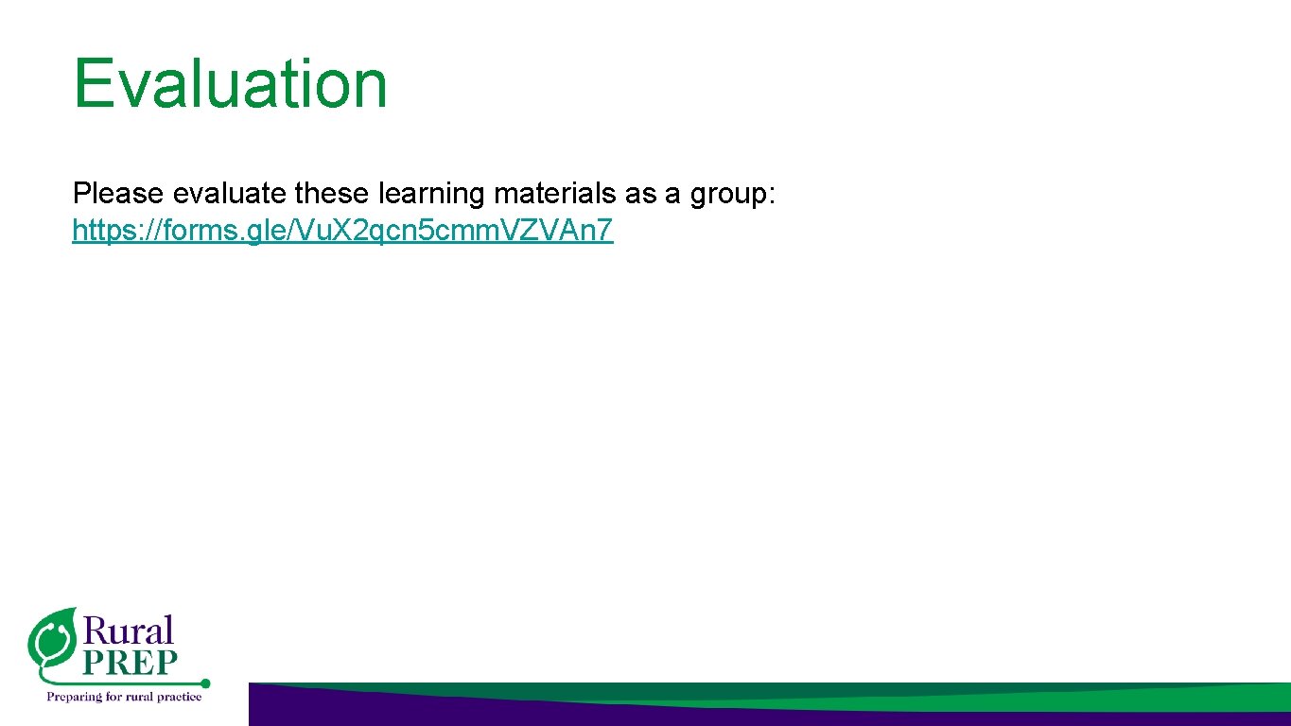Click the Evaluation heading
pos(230,83)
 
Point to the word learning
pos(431,195)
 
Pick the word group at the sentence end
pos(729,195)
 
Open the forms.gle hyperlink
pos(342,231)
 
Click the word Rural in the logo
pos(130,630)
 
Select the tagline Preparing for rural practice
pos(125,697)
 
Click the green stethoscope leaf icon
pos(52,639)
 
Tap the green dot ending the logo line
pos(205,683)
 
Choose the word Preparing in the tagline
pos(73,697)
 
